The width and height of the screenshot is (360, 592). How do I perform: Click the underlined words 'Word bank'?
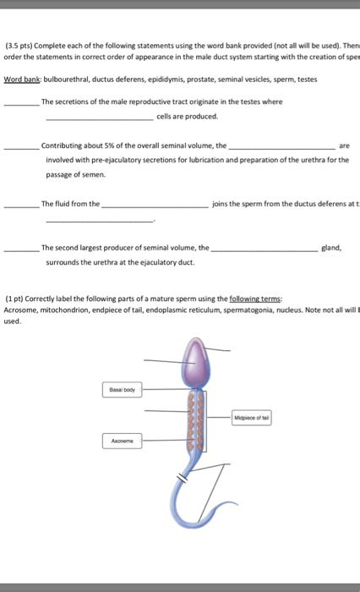tap(22, 78)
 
